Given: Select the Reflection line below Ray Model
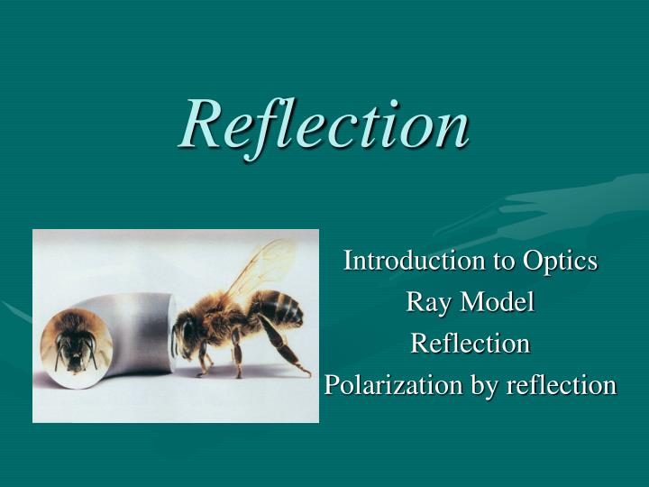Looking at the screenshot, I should pyautogui.click(x=471, y=344).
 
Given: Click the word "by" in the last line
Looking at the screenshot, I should pyautogui.click(x=484, y=386).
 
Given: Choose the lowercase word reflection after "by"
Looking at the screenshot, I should pyautogui.click(x=561, y=385).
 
